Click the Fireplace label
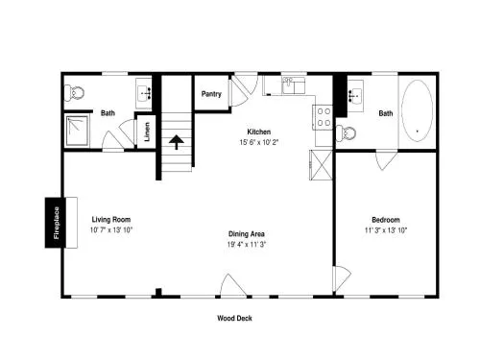point(57,223)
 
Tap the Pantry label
point(211,94)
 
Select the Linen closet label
point(147,132)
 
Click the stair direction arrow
point(177,142)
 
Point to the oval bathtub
point(417,110)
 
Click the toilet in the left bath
point(74,93)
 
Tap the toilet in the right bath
point(346,132)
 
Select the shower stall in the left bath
point(77,131)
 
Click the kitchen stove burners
point(324,117)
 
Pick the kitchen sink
point(294,85)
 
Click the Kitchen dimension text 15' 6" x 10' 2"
point(259,142)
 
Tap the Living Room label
point(111,220)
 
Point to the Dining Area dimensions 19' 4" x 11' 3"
point(247,245)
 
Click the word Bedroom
point(386,220)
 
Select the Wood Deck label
point(234,318)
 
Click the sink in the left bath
point(144,94)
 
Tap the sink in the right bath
point(355,95)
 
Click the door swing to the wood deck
point(233,286)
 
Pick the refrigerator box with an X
point(321,165)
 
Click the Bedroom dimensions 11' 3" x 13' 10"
point(386,230)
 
